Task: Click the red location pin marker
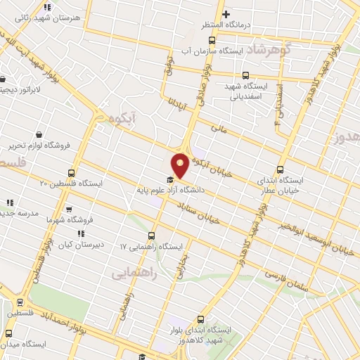[181, 165]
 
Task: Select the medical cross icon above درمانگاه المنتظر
[225, 14]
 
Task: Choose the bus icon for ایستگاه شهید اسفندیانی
[245, 75]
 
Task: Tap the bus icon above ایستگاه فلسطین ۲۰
[71, 173]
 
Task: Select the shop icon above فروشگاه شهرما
[68, 210]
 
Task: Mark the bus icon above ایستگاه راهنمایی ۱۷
[152, 236]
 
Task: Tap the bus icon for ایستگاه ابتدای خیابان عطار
[281, 169]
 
